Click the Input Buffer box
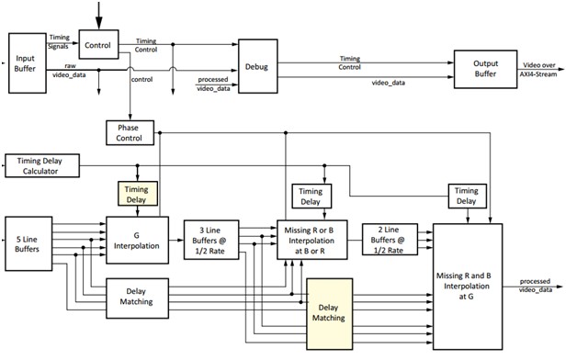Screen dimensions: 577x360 click(x=28, y=63)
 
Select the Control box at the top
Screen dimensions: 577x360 click(x=98, y=44)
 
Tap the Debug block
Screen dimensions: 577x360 click(x=257, y=66)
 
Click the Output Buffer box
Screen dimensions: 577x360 click(x=485, y=69)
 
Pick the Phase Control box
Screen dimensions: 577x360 click(x=130, y=133)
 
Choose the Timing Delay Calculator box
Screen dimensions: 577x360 click(x=42, y=166)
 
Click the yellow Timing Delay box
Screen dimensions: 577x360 click(x=138, y=194)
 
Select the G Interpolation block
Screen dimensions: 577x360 click(x=137, y=240)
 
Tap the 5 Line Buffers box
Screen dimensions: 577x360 click(x=28, y=243)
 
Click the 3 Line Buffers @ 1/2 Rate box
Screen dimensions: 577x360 click(x=211, y=240)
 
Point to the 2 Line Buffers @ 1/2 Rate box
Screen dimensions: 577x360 click(x=390, y=240)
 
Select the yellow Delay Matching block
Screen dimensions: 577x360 click(x=329, y=314)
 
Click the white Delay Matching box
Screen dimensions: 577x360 click(x=137, y=298)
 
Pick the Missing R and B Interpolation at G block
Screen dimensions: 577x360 click(x=468, y=287)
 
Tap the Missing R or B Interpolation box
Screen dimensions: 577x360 click(x=311, y=240)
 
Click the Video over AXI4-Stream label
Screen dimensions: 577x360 click(x=538, y=70)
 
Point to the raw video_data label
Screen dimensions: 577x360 click(x=69, y=70)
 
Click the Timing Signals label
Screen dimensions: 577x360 click(x=59, y=42)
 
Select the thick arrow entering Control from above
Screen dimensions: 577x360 click(x=98, y=16)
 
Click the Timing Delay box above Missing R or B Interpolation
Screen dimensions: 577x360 click(x=311, y=197)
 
